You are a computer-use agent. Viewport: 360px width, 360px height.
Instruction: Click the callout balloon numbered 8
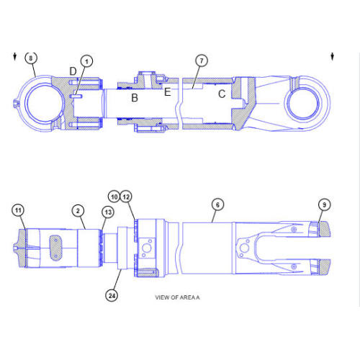tap(30, 57)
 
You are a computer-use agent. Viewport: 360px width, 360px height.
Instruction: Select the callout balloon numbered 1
tap(86, 61)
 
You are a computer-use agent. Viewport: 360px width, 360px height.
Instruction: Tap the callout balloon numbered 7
tap(202, 60)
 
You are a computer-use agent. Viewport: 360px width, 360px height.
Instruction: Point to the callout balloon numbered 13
tap(108, 212)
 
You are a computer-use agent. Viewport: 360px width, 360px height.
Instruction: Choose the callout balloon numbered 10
tap(114, 197)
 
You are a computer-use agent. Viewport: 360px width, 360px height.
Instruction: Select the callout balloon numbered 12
tap(126, 197)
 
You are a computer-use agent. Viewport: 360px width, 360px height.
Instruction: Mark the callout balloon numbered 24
tap(112, 294)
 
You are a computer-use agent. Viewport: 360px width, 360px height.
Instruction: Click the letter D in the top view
tap(73, 71)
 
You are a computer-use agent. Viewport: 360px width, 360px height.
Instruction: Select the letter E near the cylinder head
tap(167, 91)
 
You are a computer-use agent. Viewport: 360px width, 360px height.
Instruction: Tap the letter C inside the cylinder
tap(222, 94)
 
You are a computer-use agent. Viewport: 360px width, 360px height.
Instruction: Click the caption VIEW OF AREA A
tap(177, 297)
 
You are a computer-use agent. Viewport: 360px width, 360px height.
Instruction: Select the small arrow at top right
tap(332, 56)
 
